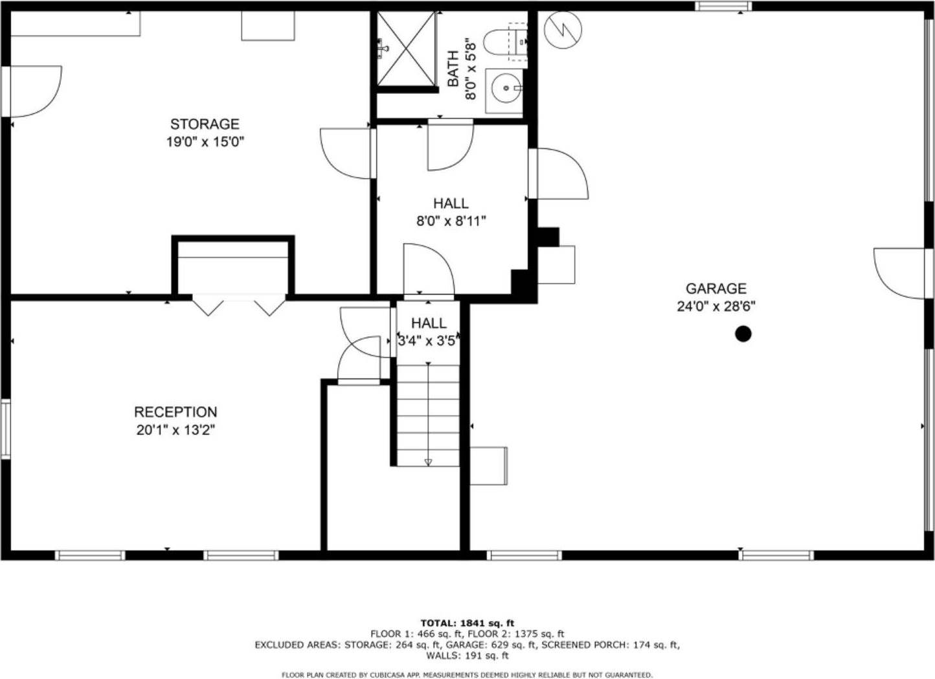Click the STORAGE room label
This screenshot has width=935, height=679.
coord(205,124)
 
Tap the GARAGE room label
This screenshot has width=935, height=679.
coord(715,288)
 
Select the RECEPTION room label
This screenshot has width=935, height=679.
coord(175,412)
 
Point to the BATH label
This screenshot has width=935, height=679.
coord(453,69)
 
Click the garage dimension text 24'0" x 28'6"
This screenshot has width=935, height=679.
coord(715,306)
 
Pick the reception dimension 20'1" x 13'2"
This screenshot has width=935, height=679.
coord(175,430)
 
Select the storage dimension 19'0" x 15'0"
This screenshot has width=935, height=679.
coord(205,141)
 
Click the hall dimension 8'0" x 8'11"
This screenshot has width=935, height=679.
coord(451,221)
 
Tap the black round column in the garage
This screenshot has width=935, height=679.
coord(743,334)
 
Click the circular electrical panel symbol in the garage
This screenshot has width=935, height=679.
coord(563,30)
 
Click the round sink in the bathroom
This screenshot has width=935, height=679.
coord(506,87)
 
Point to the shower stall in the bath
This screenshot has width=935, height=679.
coord(407,49)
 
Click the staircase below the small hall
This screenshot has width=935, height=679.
coord(428,415)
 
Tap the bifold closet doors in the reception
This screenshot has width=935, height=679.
coord(239,306)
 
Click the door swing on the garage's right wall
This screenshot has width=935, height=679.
coord(899,273)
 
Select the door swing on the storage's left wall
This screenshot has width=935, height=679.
coord(36,91)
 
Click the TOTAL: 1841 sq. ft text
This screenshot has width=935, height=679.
coord(467,623)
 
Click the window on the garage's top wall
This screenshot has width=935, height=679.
coord(723,6)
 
